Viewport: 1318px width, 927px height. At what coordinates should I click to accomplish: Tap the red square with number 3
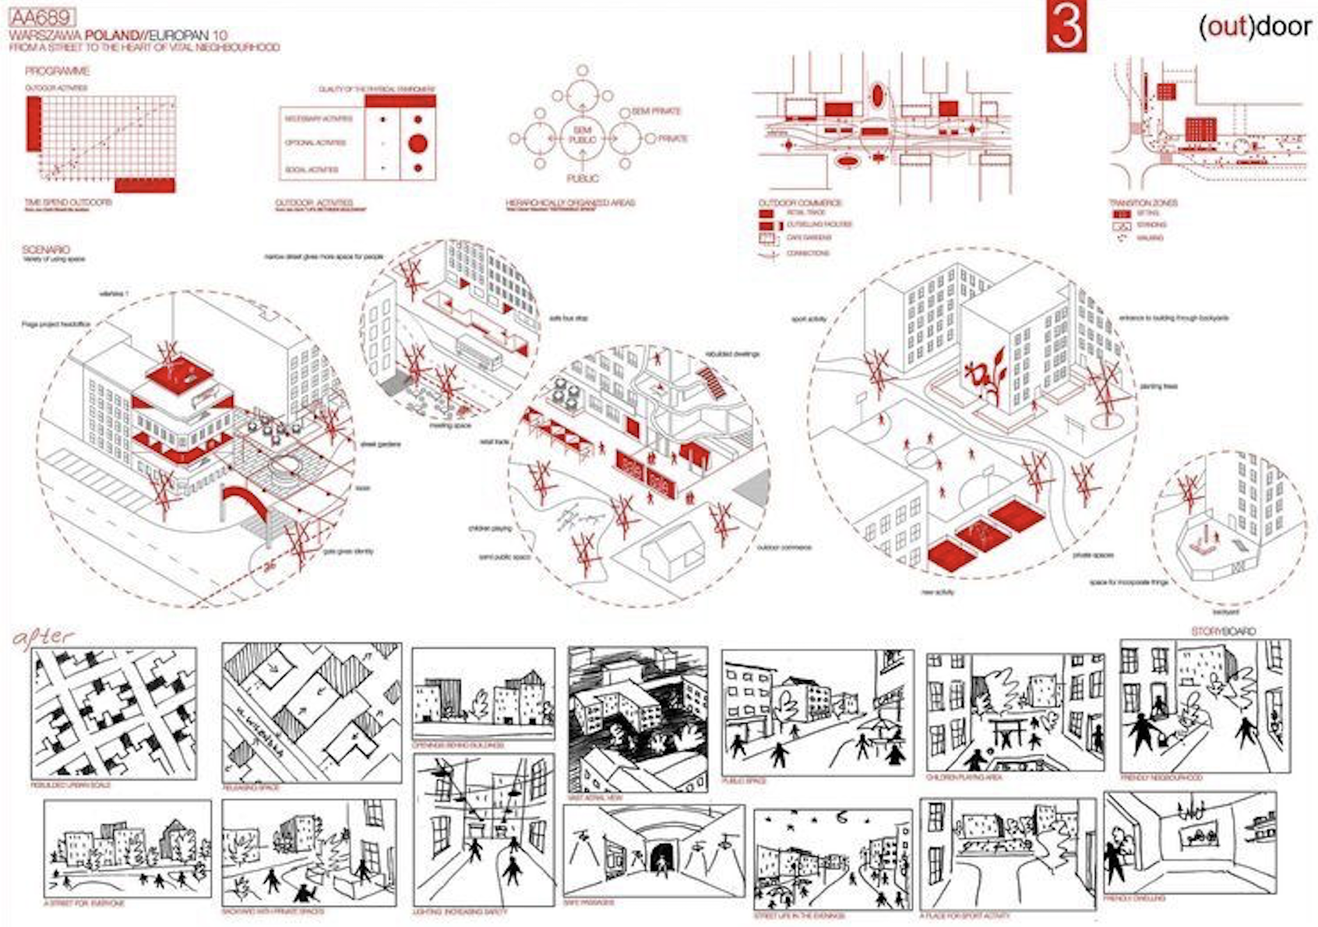(x=1066, y=26)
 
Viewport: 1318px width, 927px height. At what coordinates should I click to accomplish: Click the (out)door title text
(x=1254, y=26)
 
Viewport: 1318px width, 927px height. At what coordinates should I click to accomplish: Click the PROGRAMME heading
(x=57, y=71)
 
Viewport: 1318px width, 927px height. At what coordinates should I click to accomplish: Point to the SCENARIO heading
(x=46, y=249)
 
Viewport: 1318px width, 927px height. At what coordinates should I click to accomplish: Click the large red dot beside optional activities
(x=418, y=143)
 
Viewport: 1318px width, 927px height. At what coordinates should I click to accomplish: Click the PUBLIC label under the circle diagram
(x=582, y=178)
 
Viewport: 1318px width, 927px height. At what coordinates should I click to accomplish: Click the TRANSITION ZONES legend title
(x=1143, y=203)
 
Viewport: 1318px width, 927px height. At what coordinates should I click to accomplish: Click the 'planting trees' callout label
(x=1158, y=386)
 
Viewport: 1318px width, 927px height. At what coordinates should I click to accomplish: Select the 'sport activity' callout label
(x=809, y=319)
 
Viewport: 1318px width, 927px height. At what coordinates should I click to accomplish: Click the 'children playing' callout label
(x=489, y=528)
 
